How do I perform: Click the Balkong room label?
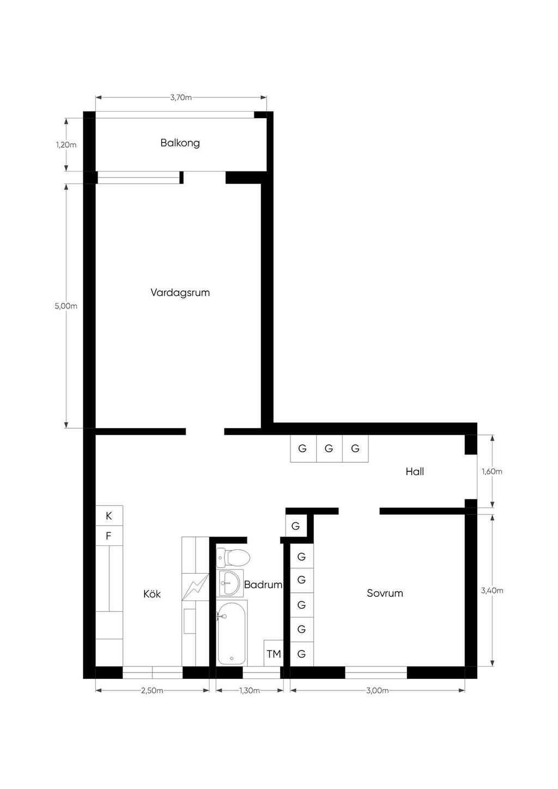180,143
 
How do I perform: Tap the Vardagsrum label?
180,293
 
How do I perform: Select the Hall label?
415,472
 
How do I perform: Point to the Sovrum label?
385,593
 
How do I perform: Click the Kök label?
152,594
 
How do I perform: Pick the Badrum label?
263,585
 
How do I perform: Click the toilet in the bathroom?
233,558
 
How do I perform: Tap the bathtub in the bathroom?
232,633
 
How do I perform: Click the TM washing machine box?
274,653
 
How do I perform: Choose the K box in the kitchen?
109,515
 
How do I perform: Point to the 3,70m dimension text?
181,98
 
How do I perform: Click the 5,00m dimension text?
66,306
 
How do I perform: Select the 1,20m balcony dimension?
66,145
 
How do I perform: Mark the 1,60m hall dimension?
492,471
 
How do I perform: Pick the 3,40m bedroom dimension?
492,590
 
